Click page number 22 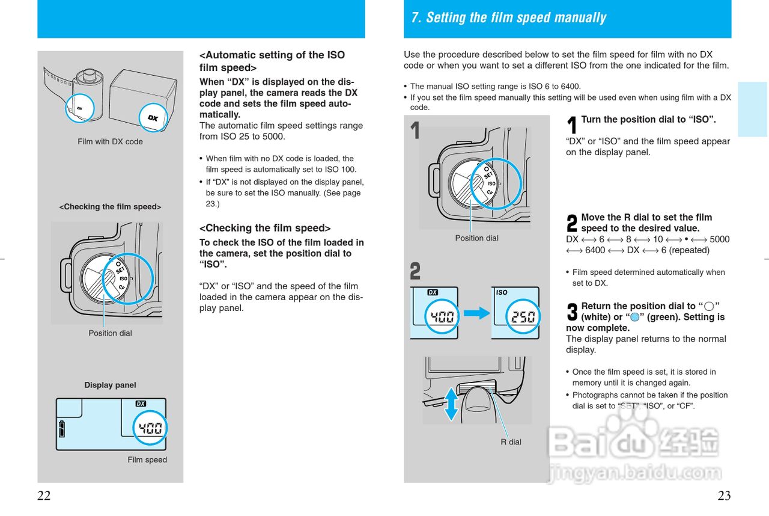(44, 496)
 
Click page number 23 (724, 496)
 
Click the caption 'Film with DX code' (110, 142)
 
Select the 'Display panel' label (110, 385)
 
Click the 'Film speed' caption (147, 460)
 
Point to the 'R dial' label (511, 442)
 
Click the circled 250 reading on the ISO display (523, 316)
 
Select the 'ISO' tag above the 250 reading (502, 293)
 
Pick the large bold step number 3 (572, 312)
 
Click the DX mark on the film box (153, 118)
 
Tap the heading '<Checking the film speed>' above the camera (110, 207)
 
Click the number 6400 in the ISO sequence (595, 250)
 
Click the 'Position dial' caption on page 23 (476, 238)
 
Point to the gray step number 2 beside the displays (415, 272)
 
